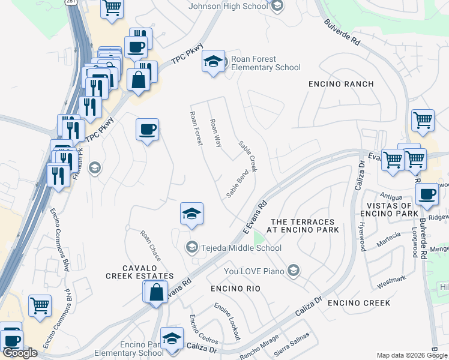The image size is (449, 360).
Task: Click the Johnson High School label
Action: pos(228,6)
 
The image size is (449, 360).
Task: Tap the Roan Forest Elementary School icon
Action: pos(213,62)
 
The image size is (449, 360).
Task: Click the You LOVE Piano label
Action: pos(253,271)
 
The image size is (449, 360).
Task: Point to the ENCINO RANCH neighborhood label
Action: pos(341,84)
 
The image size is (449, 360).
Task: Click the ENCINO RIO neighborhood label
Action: pos(236,289)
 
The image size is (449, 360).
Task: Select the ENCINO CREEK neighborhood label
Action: pos(359,302)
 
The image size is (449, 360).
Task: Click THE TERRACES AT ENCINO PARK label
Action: pos(305,226)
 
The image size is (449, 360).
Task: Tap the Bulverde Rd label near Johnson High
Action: pos(342,34)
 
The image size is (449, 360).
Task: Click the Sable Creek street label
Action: pos(247,156)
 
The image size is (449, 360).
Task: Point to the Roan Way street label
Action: pos(215,133)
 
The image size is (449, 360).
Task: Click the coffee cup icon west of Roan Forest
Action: pos(147,129)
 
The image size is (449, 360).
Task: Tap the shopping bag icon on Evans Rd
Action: pos(156,293)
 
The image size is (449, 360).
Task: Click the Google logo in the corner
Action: pos(20,353)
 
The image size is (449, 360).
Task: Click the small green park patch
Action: pos(258,239)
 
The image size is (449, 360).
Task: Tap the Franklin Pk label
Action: pos(76,166)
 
